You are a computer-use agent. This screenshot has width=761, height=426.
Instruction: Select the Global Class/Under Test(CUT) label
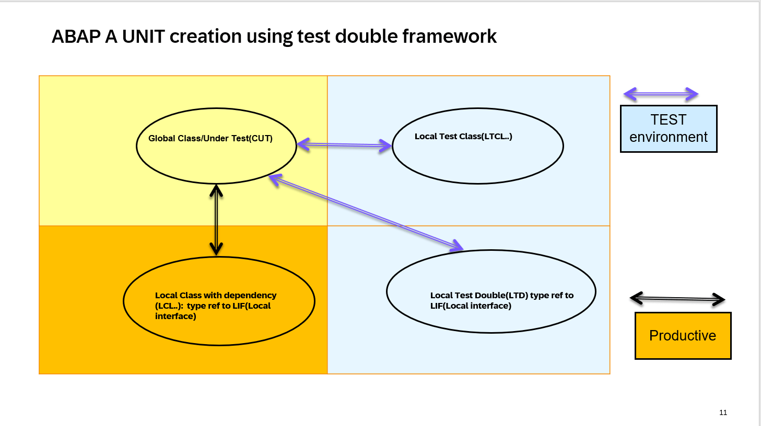[x=210, y=138]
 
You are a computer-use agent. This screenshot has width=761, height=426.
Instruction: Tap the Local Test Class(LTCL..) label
[x=463, y=137]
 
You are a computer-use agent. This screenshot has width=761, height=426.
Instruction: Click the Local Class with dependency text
[x=215, y=296]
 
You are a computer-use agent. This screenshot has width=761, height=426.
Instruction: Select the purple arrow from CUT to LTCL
[x=344, y=145]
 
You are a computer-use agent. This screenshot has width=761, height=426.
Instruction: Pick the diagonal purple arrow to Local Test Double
[x=366, y=212]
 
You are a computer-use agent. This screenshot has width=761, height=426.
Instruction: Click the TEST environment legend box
[x=669, y=129]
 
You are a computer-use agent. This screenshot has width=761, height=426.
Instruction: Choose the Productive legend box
[x=683, y=336]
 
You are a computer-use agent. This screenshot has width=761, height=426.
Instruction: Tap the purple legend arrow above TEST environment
[x=661, y=94]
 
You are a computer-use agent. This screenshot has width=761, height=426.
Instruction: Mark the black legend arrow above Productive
[x=677, y=299]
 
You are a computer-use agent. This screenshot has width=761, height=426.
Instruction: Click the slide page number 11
[x=723, y=412]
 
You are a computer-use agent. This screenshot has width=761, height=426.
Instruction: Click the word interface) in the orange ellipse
[x=175, y=317]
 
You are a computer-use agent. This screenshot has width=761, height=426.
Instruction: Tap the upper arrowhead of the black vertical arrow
[x=216, y=190]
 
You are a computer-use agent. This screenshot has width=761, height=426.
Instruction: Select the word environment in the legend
[x=669, y=137]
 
